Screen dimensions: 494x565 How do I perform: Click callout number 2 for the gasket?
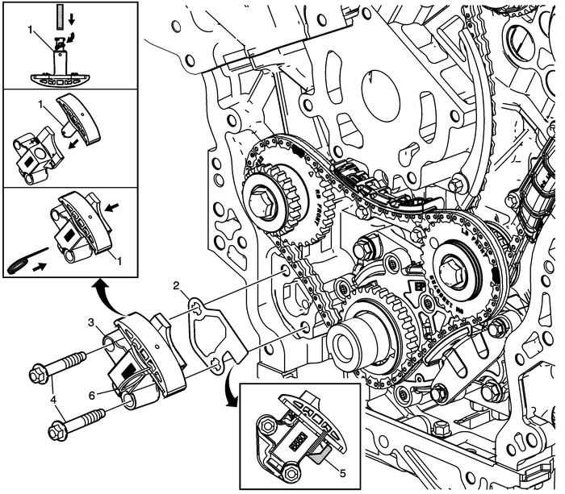point(184,285)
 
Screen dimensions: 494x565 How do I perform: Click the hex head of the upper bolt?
point(36,374)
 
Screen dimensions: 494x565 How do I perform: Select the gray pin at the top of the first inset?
point(59,14)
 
